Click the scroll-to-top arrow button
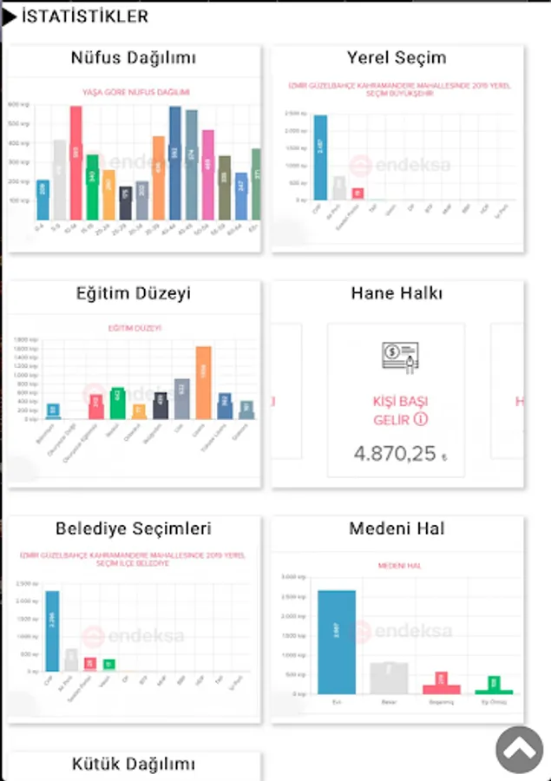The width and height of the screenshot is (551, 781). pos(520,750)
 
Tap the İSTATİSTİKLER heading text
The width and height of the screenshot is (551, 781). pos(85,16)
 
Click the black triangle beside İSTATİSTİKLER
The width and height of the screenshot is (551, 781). pos(10,16)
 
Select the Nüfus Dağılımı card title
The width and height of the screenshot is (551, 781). pos(134,58)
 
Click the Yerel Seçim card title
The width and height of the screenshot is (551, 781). pos(397,58)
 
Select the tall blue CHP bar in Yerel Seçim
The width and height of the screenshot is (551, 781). pos(320,158)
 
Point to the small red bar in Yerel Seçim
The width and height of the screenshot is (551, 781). pos(357,194)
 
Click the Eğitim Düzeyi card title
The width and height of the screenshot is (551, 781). pos(134,294)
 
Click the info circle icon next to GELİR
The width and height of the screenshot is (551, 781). pos(421,420)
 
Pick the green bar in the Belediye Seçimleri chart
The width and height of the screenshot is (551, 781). pos(109,664)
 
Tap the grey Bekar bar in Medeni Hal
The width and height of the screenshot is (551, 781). pos(389,678)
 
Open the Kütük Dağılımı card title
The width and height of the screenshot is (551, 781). pos(134,765)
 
